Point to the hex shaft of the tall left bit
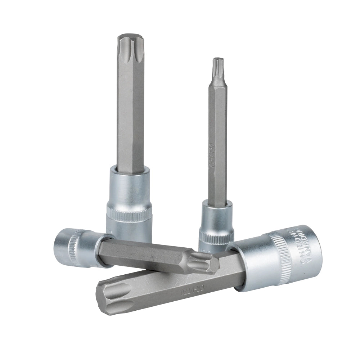coord(130,108)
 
